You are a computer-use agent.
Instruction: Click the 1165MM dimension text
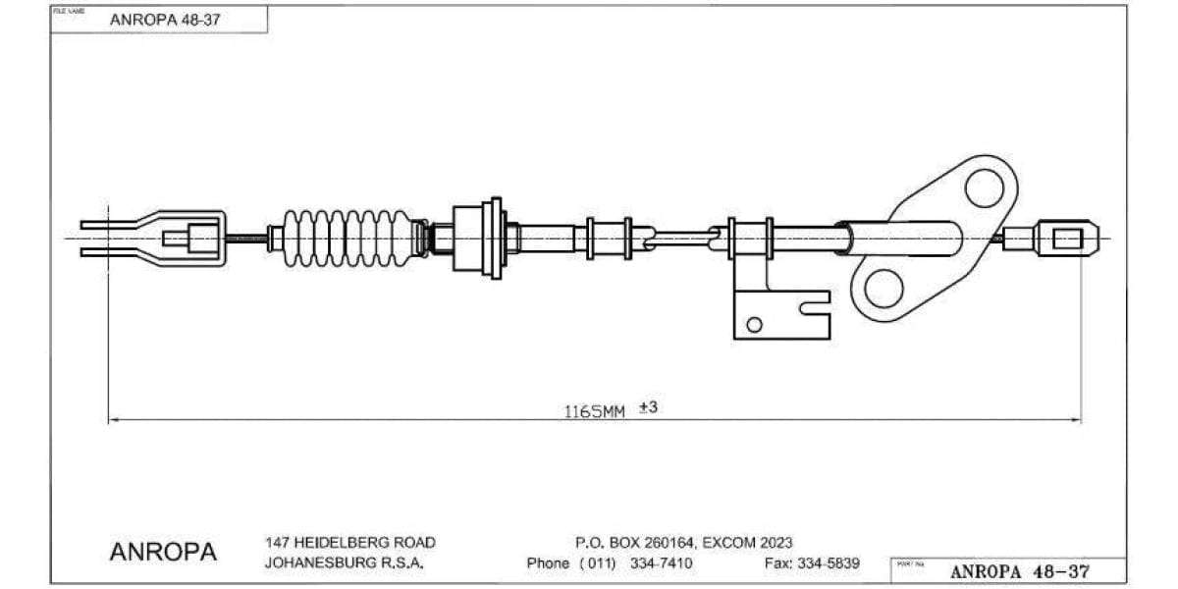coord(594,411)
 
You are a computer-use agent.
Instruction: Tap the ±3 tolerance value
coord(648,406)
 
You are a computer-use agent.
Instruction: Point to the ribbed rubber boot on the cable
coord(348,238)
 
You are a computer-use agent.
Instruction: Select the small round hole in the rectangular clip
coord(754,325)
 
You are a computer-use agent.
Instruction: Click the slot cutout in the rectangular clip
coord(814,308)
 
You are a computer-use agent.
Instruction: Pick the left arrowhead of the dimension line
coord(113,420)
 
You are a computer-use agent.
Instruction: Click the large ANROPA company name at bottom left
coord(163,552)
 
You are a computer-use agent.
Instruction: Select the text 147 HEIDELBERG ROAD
coord(349,542)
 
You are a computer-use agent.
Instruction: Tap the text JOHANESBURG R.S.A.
coord(344,563)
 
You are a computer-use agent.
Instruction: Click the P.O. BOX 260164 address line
coord(683,542)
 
